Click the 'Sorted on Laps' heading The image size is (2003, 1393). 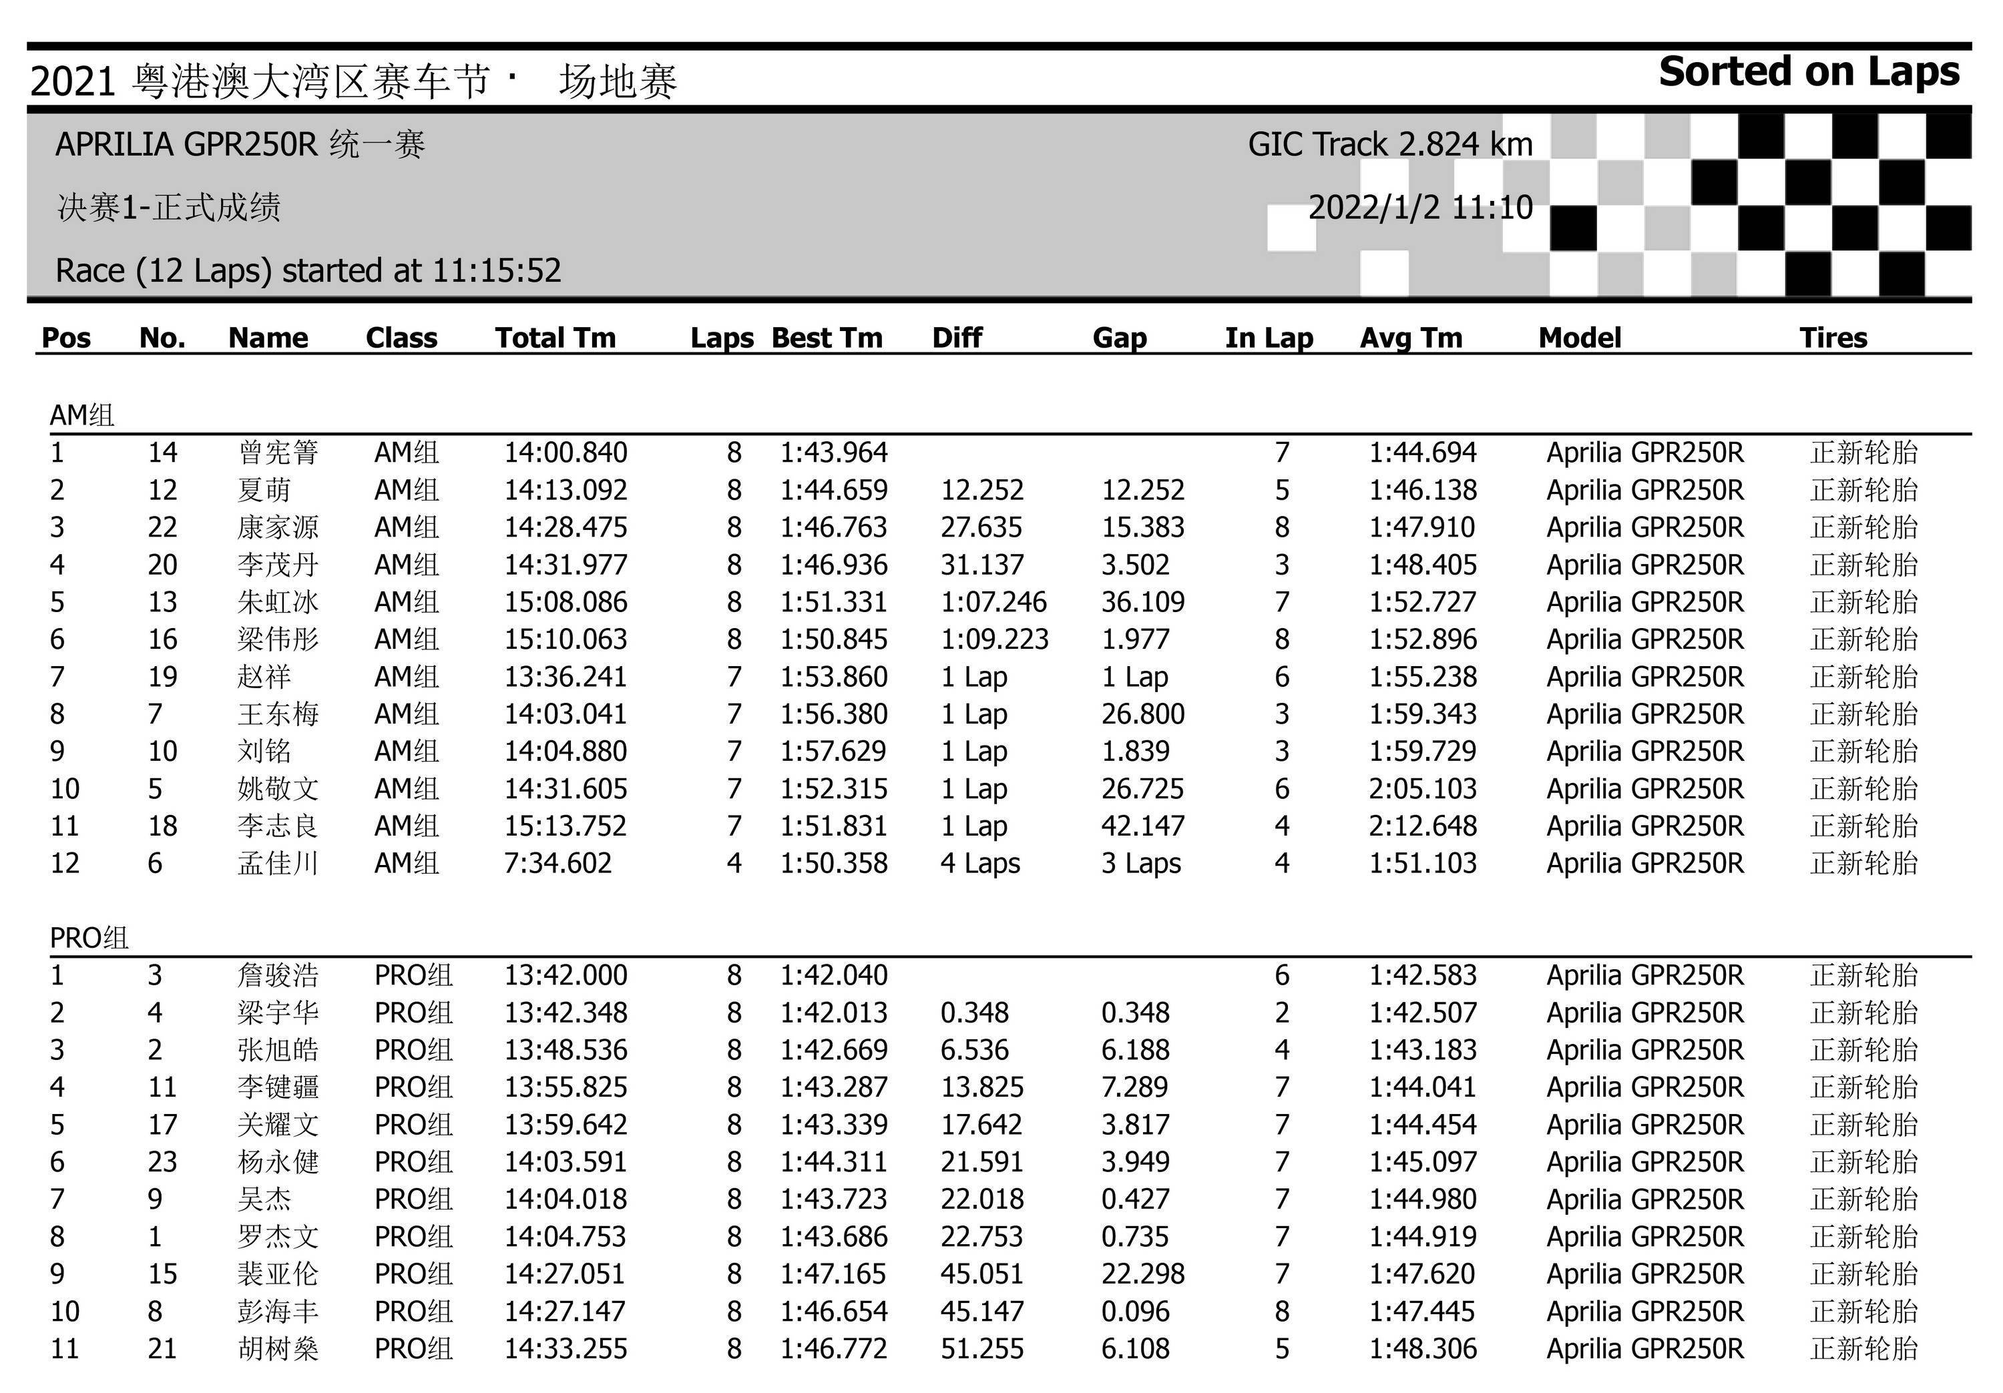tap(1809, 72)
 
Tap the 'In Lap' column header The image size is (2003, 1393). tap(1269, 338)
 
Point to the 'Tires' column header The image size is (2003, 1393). tap(1833, 338)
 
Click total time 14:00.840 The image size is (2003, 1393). tap(566, 453)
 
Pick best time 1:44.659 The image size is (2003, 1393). tap(833, 490)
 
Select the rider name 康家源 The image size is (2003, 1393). tap(278, 528)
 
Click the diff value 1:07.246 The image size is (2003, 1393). tap(993, 602)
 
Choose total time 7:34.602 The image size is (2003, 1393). tap(558, 864)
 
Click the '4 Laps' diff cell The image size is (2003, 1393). tap(979, 864)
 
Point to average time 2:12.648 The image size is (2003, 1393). tap(1422, 826)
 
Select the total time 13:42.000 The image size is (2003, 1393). tap(566, 975)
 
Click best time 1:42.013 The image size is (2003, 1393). tap(833, 1013)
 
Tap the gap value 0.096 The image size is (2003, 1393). tap(1135, 1312)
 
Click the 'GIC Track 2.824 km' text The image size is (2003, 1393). tap(1389, 144)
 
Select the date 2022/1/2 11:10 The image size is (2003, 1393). tap(1420, 208)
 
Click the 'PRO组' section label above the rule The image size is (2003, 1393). tap(89, 938)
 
